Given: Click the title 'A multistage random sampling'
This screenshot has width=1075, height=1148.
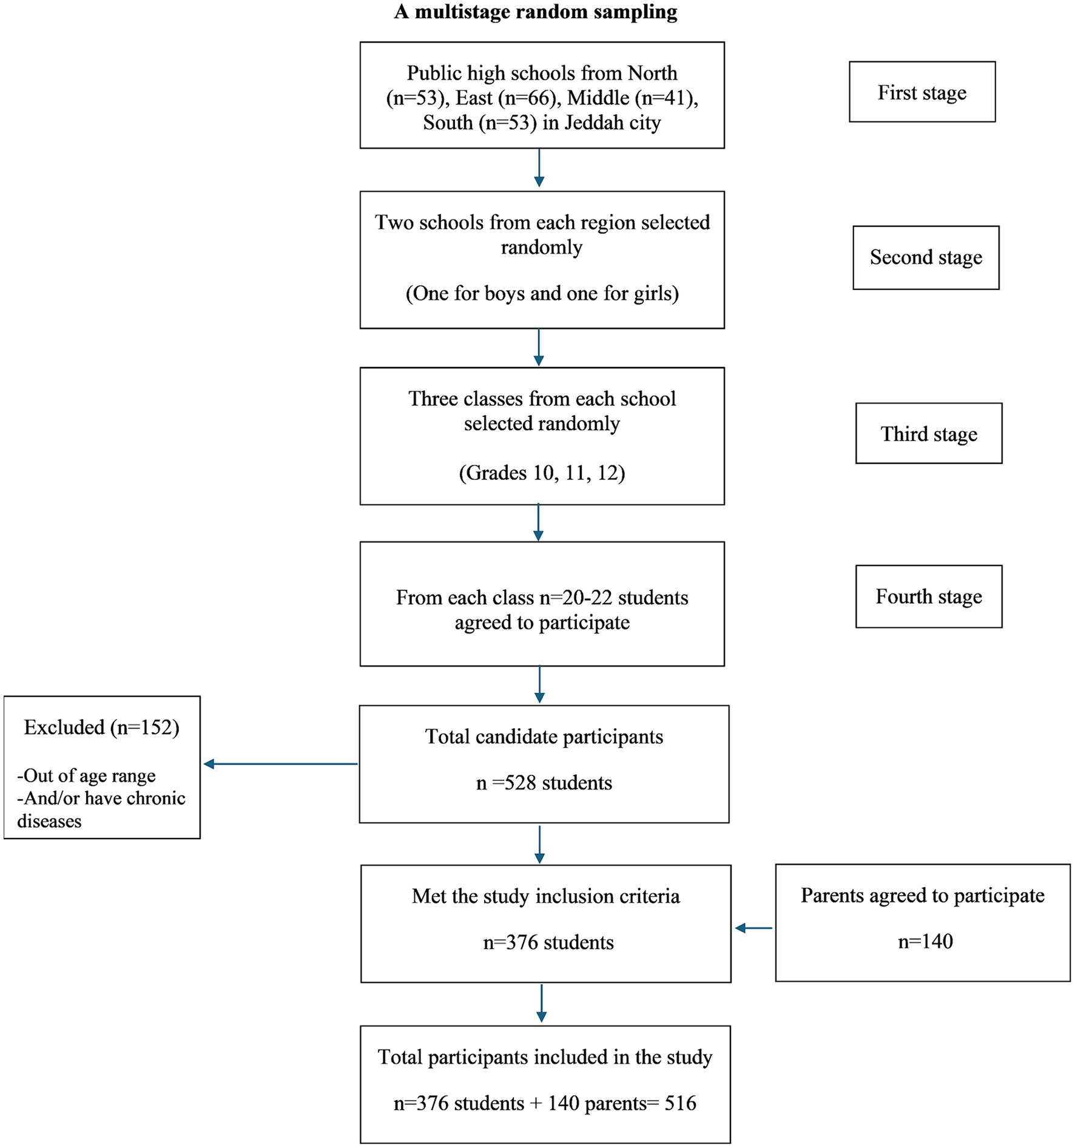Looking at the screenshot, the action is click(536, 12).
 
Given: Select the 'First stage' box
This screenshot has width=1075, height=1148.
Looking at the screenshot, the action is click(922, 92).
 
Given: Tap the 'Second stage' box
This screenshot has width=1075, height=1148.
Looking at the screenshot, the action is click(926, 257).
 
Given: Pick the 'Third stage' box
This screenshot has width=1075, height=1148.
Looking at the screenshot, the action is click(929, 433).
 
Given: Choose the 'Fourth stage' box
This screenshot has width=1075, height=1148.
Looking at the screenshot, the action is click(929, 596).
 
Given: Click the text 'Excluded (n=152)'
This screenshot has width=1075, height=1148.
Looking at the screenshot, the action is click(101, 727).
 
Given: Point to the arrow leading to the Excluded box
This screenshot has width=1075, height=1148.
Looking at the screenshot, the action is click(280, 764).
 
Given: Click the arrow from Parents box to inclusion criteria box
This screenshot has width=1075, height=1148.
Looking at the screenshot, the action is click(753, 928).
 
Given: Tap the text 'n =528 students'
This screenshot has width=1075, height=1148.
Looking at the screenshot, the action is click(544, 783).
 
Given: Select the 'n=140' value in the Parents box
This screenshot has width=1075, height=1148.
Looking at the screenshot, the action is click(925, 941).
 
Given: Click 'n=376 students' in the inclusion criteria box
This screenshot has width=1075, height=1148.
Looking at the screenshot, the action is click(548, 942).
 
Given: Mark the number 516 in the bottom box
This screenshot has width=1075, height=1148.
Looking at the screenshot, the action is click(680, 1102).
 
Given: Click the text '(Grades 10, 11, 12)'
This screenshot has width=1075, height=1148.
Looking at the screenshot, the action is click(542, 473).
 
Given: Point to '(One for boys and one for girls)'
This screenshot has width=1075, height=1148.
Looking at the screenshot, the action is click(542, 294).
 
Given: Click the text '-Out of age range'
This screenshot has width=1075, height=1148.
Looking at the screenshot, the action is click(86, 775).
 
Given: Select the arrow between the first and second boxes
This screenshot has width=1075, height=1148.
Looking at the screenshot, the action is click(539, 167).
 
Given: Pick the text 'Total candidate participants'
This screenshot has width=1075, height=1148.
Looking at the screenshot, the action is click(544, 737).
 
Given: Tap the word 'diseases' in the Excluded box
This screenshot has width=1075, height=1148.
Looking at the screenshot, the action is click(49, 821).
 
